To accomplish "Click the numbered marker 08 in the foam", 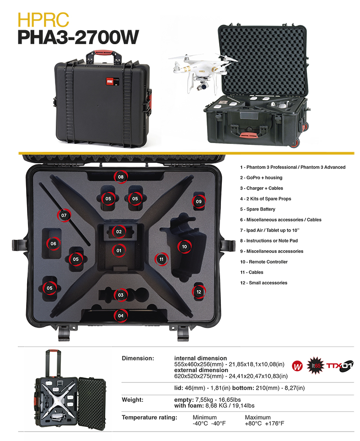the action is (121, 177).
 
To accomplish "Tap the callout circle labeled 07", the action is (64, 216).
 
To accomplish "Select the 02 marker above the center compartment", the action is (119, 232).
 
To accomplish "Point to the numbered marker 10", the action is (184, 247).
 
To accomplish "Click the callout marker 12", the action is (199, 292).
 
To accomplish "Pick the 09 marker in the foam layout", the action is (199, 202).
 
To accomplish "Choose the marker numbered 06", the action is (53, 243).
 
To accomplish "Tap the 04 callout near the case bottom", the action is (121, 315).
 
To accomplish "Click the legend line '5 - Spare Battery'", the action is (257, 209).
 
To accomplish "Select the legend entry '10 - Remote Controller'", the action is (264, 262).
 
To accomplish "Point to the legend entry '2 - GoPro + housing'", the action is (261, 178).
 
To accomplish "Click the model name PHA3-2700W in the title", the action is (78, 37).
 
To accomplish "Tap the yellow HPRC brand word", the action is (43, 19).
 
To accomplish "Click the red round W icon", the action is (297, 366).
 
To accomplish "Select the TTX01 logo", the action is (339, 366).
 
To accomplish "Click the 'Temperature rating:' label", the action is (149, 418).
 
